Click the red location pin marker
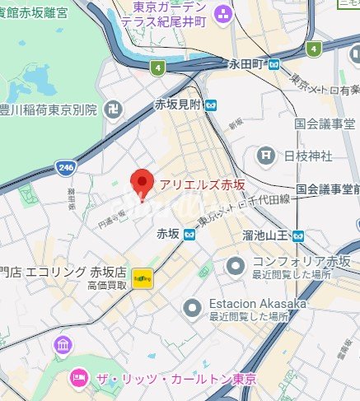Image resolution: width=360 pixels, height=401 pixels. pos(143,182)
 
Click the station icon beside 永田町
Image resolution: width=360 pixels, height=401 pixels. pos(274,63)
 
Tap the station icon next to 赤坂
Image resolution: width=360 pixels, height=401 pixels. pos(189,234)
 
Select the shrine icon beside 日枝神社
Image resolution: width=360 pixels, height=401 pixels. pos(266,154)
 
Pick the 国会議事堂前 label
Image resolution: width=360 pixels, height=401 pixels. pos(327,189)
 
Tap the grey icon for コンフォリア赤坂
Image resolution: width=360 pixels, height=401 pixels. pos(236,265)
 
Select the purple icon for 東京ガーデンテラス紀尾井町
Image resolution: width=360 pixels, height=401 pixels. pos(222,14)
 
